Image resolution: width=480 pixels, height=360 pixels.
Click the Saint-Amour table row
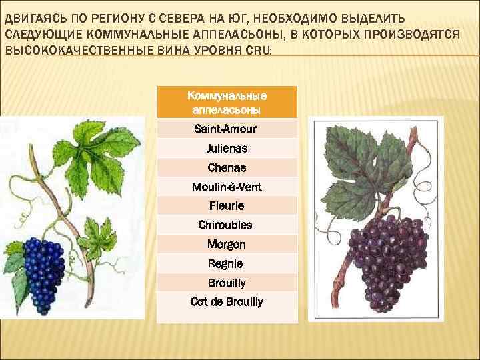227,129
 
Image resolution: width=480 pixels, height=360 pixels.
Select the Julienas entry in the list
227,148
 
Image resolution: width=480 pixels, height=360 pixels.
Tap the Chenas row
227,167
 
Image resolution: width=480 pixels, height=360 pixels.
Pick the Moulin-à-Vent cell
227,187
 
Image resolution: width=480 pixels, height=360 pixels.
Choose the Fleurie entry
227,206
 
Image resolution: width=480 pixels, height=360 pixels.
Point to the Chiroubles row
227,225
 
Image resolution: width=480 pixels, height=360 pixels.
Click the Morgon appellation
227,245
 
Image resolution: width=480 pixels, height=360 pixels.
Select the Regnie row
227,264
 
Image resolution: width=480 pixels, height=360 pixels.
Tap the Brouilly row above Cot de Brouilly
227,283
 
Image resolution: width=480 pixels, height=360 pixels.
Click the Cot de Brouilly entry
227,302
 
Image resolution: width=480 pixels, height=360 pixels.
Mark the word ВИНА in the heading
161,50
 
